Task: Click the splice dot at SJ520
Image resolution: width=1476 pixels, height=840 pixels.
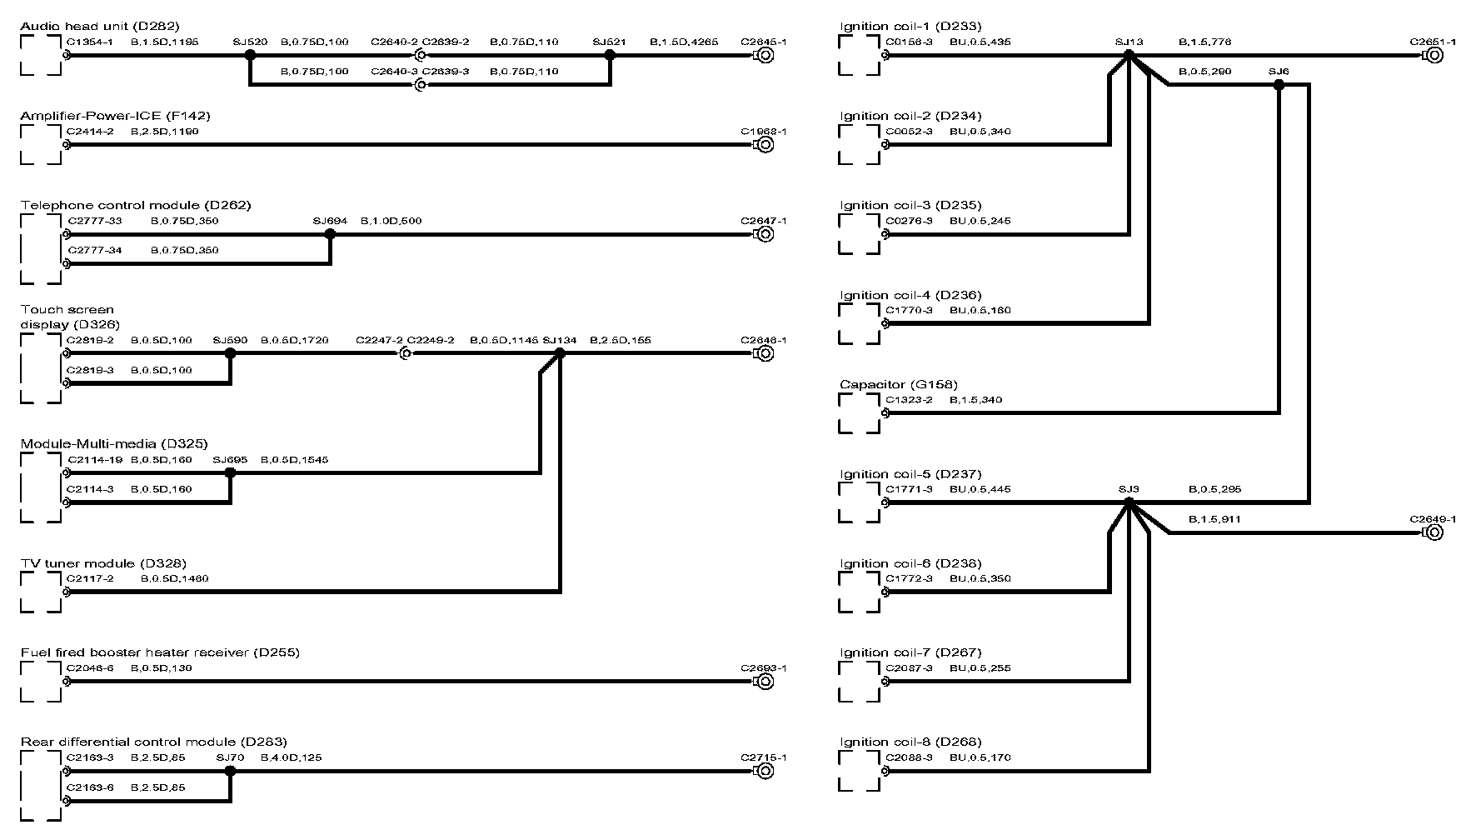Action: pos(249,55)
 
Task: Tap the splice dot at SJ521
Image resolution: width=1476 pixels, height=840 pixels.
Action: pos(610,55)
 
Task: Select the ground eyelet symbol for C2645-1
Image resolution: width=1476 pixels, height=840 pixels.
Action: pos(763,55)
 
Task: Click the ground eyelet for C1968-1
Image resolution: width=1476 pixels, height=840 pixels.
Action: pos(763,144)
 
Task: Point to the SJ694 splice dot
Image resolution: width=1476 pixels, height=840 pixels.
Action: pos(330,234)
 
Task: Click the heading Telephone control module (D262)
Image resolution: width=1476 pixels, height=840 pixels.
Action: pos(136,205)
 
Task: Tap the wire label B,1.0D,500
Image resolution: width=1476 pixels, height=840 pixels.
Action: pos(391,221)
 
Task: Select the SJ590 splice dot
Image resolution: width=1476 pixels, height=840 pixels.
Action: pos(231,353)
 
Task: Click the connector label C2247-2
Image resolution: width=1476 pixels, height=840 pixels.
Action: pos(379,340)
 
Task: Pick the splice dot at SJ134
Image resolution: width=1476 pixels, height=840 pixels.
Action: pos(560,353)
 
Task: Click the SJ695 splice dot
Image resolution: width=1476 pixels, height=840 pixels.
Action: pos(231,472)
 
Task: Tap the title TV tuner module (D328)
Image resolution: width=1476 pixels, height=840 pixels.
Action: pos(103,563)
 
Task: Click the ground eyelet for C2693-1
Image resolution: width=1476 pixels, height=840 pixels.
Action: pos(763,682)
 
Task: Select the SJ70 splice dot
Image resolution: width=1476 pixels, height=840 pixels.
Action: pos(231,771)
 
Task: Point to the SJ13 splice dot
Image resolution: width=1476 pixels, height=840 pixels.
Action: pos(1129,55)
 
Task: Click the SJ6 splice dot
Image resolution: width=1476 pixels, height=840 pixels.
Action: pos(1279,85)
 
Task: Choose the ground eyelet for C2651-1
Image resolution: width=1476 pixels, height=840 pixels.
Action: pos(1434,55)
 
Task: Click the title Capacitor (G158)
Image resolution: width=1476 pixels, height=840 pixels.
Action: pos(899,384)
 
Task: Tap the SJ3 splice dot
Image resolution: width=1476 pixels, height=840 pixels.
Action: pos(1129,502)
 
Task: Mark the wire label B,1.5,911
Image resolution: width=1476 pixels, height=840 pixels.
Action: pos(1215,519)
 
